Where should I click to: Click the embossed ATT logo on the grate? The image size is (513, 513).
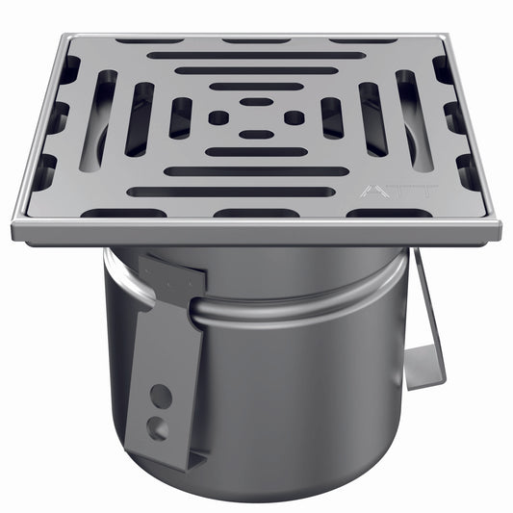coord(380,191)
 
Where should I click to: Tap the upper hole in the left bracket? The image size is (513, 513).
coord(162,396)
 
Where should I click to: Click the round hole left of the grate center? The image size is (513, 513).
coord(218,117)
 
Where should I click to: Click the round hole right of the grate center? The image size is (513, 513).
coord(294,117)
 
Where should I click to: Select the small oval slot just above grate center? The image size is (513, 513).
coord(255,101)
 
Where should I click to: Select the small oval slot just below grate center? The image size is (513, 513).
coord(255,135)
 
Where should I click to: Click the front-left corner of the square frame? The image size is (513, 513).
coord(16,231)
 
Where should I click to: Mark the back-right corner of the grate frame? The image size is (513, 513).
coord(446,38)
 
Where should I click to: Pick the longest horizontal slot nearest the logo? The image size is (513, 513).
coord(231,192)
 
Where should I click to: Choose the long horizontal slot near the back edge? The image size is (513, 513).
coord(255,55)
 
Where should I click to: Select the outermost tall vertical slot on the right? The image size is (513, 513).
coord(415,120)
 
